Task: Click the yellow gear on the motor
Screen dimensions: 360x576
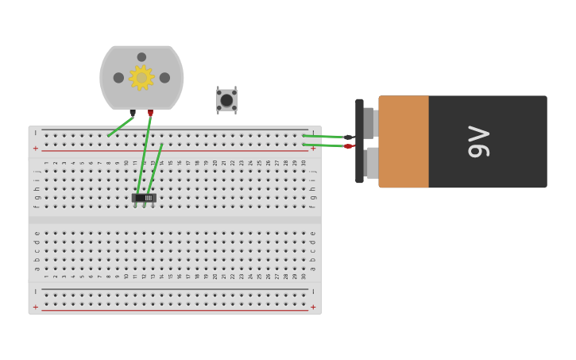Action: [x=141, y=78]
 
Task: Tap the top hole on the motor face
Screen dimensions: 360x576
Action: [x=141, y=57]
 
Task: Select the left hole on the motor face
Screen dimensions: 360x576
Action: [x=118, y=78]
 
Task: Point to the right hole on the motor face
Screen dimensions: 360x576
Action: [x=164, y=78]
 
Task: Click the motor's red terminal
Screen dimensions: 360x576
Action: [x=150, y=113]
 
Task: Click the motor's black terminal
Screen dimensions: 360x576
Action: [x=133, y=113]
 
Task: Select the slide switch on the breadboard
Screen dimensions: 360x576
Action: [x=144, y=198]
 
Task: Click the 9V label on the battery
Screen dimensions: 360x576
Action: [x=479, y=141]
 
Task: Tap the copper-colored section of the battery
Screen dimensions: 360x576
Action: [x=404, y=141]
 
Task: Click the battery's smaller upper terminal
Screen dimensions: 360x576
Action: [x=369, y=122]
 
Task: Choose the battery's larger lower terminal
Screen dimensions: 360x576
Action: [x=371, y=162]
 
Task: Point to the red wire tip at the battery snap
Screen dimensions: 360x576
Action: [x=348, y=146]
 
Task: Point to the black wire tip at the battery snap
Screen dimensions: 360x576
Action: [x=348, y=137]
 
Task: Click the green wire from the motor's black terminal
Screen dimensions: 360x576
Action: [x=119, y=127]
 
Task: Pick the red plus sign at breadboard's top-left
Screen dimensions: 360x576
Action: [x=35, y=149]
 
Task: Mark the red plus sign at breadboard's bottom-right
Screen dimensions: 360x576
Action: [x=312, y=308]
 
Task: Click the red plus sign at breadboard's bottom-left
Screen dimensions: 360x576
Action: [x=35, y=308]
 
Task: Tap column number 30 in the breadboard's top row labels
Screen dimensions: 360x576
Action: [x=303, y=163]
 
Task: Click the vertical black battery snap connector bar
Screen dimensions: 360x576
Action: [x=359, y=141]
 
